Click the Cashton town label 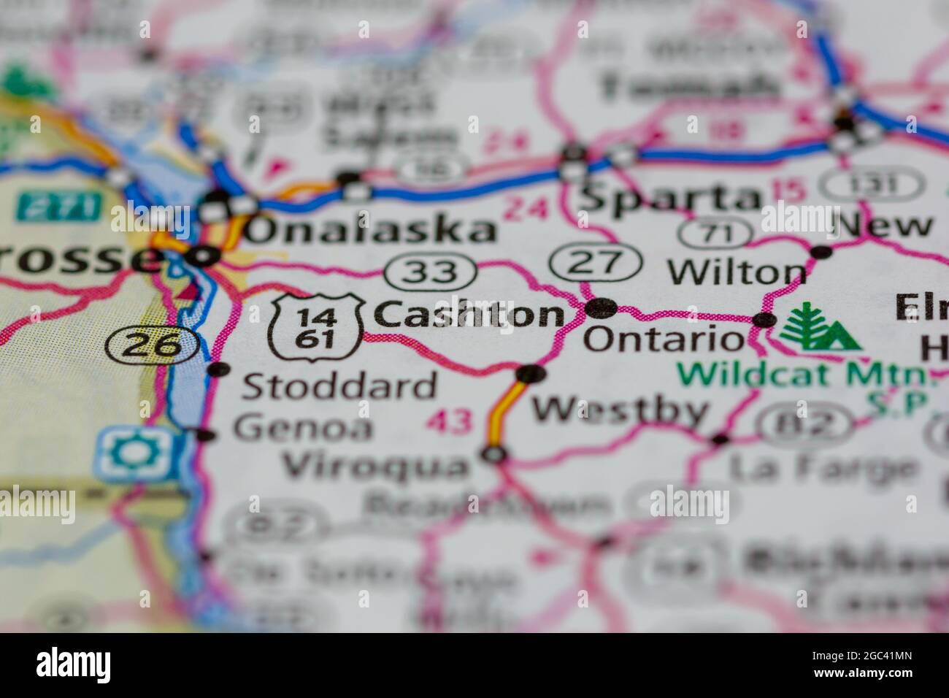469,315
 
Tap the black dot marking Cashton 602,308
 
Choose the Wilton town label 737,272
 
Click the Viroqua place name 376,464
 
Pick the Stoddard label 339,386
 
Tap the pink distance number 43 450,421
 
